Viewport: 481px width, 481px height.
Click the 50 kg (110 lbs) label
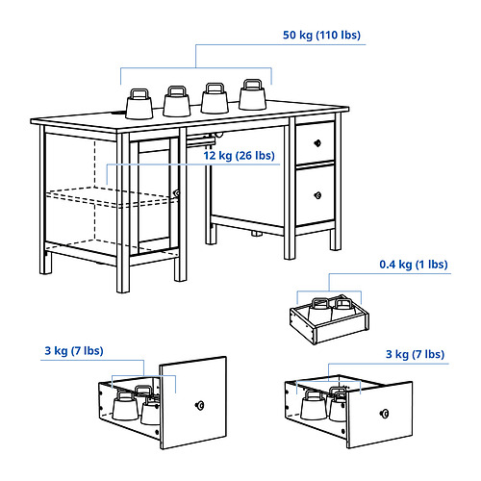pos(322,36)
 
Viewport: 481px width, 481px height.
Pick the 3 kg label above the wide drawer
pos(415,355)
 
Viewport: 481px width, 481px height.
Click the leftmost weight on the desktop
pos(138,102)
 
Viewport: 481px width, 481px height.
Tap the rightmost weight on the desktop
pos(252,94)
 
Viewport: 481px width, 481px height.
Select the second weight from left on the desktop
pos(176,100)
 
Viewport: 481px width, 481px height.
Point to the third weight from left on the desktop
pos(214,97)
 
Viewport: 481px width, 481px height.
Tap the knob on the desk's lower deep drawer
pos(316,196)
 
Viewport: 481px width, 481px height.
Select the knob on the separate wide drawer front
pos(384,417)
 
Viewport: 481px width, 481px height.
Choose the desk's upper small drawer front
pos(316,142)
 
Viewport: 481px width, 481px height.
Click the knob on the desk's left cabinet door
pos(176,193)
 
